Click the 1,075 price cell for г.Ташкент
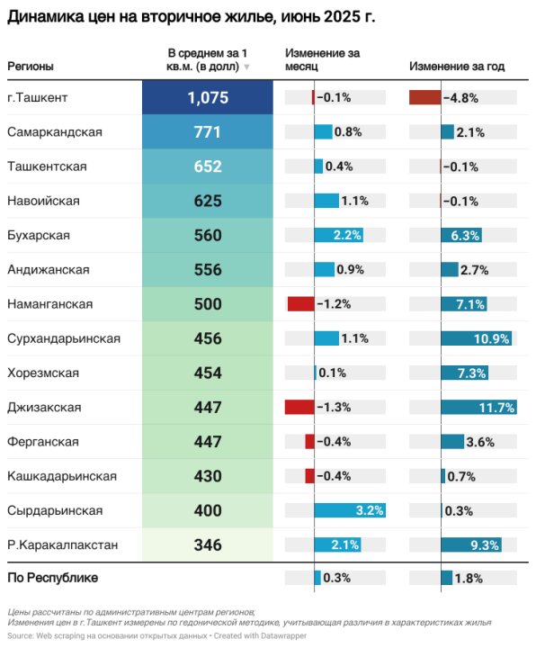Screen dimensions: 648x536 pyautogui.click(x=208, y=97)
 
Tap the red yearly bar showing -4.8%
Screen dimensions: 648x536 pyautogui.click(x=424, y=97)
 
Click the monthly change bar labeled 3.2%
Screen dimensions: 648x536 pyautogui.click(x=350, y=510)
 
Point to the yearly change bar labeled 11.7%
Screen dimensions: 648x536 pyautogui.click(x=478, y=407)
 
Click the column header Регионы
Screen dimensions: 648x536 pyautogui.click(x=31, y=67)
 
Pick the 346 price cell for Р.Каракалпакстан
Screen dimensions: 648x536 pyautogui.click(x=208, y=544)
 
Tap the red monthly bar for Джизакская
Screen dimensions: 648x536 pyautogui.click(x=299, y=407)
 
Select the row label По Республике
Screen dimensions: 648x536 pyautogui.click(x=52, y=578)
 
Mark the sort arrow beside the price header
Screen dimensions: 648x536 pyautogui.click(x=246, y=67)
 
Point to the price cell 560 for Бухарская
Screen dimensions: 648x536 pyautogui.click(x=208, y=235)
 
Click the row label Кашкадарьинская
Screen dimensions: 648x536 pyautogui.click(x=62, y=475)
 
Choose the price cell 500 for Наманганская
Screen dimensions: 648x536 pyautogui.click(x=208, y=304)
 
